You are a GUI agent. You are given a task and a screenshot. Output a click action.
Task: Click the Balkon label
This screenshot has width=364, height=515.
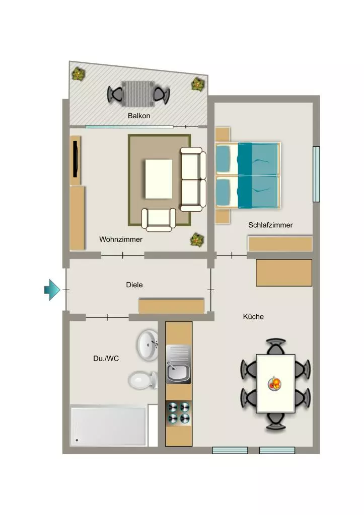139,116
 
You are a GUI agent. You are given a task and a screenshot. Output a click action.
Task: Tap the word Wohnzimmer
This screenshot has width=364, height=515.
121,239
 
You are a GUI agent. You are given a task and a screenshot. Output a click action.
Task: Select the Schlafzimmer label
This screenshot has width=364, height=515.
270,225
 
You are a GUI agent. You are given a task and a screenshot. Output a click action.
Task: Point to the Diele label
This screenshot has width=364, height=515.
134,285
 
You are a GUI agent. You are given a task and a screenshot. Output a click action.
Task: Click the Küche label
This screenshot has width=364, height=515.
253,317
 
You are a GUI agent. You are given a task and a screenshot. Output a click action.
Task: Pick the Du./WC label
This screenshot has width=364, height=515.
106,358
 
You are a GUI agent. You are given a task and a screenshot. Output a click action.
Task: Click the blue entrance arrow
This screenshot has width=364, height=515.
52,290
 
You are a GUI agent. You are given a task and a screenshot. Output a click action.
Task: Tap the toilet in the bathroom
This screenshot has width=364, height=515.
142,380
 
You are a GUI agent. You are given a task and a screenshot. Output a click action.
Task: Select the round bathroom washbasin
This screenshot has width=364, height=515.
148,345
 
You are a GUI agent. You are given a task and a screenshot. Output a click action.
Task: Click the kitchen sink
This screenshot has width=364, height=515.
178,364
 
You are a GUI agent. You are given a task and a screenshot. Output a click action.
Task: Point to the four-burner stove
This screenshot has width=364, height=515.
179,412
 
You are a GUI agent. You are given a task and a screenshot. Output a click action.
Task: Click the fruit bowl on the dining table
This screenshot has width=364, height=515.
274,384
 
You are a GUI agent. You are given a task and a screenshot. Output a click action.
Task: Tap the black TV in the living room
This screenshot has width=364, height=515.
76,159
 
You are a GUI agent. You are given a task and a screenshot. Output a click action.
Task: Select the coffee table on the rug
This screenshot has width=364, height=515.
159,179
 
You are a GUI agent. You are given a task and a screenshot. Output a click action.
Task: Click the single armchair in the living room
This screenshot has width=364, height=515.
159,219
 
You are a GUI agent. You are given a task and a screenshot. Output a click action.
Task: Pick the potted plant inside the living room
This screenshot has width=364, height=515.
197,240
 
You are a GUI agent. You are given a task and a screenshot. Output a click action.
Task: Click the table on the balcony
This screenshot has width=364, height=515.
137,94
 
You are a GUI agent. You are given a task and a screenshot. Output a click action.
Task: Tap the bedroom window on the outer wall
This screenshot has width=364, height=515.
316,174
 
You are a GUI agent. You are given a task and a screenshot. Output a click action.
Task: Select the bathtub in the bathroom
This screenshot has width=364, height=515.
108,426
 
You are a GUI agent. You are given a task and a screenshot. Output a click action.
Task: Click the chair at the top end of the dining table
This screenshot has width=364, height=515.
275,347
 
